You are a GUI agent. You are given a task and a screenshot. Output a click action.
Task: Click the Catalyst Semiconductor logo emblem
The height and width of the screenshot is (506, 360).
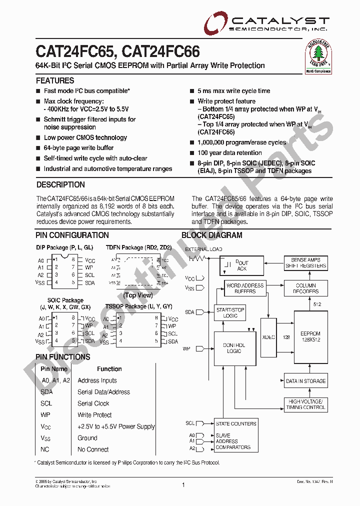pyautogui.click(x=215, y=22)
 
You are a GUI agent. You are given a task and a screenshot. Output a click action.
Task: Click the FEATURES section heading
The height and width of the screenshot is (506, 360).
pyautogui.click(x=55, y=80)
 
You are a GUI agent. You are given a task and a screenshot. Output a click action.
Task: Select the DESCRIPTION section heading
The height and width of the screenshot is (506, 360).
pyautogui.click(x=60, y=184)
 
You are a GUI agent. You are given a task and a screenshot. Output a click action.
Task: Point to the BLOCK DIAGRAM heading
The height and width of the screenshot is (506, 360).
pyautogui.click(x=211, y=235)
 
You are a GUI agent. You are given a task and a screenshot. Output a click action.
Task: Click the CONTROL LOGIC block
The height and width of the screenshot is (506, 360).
pyautogui.click(x=233, y=348)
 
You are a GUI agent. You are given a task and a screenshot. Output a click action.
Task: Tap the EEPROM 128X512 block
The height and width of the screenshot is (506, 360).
pyautogui.click(x=310, y=336)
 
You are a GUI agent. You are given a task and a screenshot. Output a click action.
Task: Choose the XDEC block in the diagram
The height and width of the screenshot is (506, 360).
pyautogui.click(x=268, y=337)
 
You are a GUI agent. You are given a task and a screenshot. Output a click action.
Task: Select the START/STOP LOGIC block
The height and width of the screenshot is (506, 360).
pyautogui.click(x=230, y=313)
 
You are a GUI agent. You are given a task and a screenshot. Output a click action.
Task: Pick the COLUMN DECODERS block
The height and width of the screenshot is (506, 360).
pyautogui.click(x=306, y=288)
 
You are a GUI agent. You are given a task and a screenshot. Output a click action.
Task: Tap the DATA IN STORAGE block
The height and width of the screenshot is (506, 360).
pyautogui.click(x=305, y=381)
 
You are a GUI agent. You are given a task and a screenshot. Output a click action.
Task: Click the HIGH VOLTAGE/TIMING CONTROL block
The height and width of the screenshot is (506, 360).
pyautogui.click(x=305, y=404)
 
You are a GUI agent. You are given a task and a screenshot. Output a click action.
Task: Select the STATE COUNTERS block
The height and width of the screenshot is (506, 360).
pyautogui.click(x=236, y=423)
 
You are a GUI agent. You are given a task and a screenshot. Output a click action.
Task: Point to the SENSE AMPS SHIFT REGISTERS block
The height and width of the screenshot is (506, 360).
pyautogui.click(x=305, y=263)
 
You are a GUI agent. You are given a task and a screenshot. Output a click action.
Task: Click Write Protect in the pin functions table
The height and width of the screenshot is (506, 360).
pyautogui.click(x=94, y=415)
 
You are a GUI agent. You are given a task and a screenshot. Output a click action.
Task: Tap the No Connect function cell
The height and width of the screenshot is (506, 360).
pyautogui.click(x=93, y=449)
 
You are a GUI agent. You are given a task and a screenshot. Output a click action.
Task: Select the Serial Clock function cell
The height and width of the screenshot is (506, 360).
pyautogui.click(x=93, y=403)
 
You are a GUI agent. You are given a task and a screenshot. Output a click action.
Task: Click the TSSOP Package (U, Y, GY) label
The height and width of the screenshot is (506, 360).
pyautogui.click(x=138, y=306)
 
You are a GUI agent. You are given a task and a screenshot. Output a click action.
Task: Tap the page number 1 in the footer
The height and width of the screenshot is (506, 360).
pyautogui.click(x=183, y=484)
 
